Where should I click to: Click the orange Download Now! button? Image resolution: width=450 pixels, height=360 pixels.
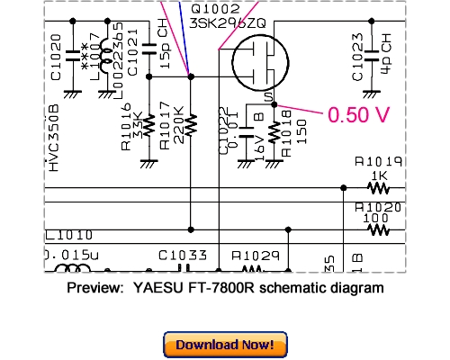tap(225, 344)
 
